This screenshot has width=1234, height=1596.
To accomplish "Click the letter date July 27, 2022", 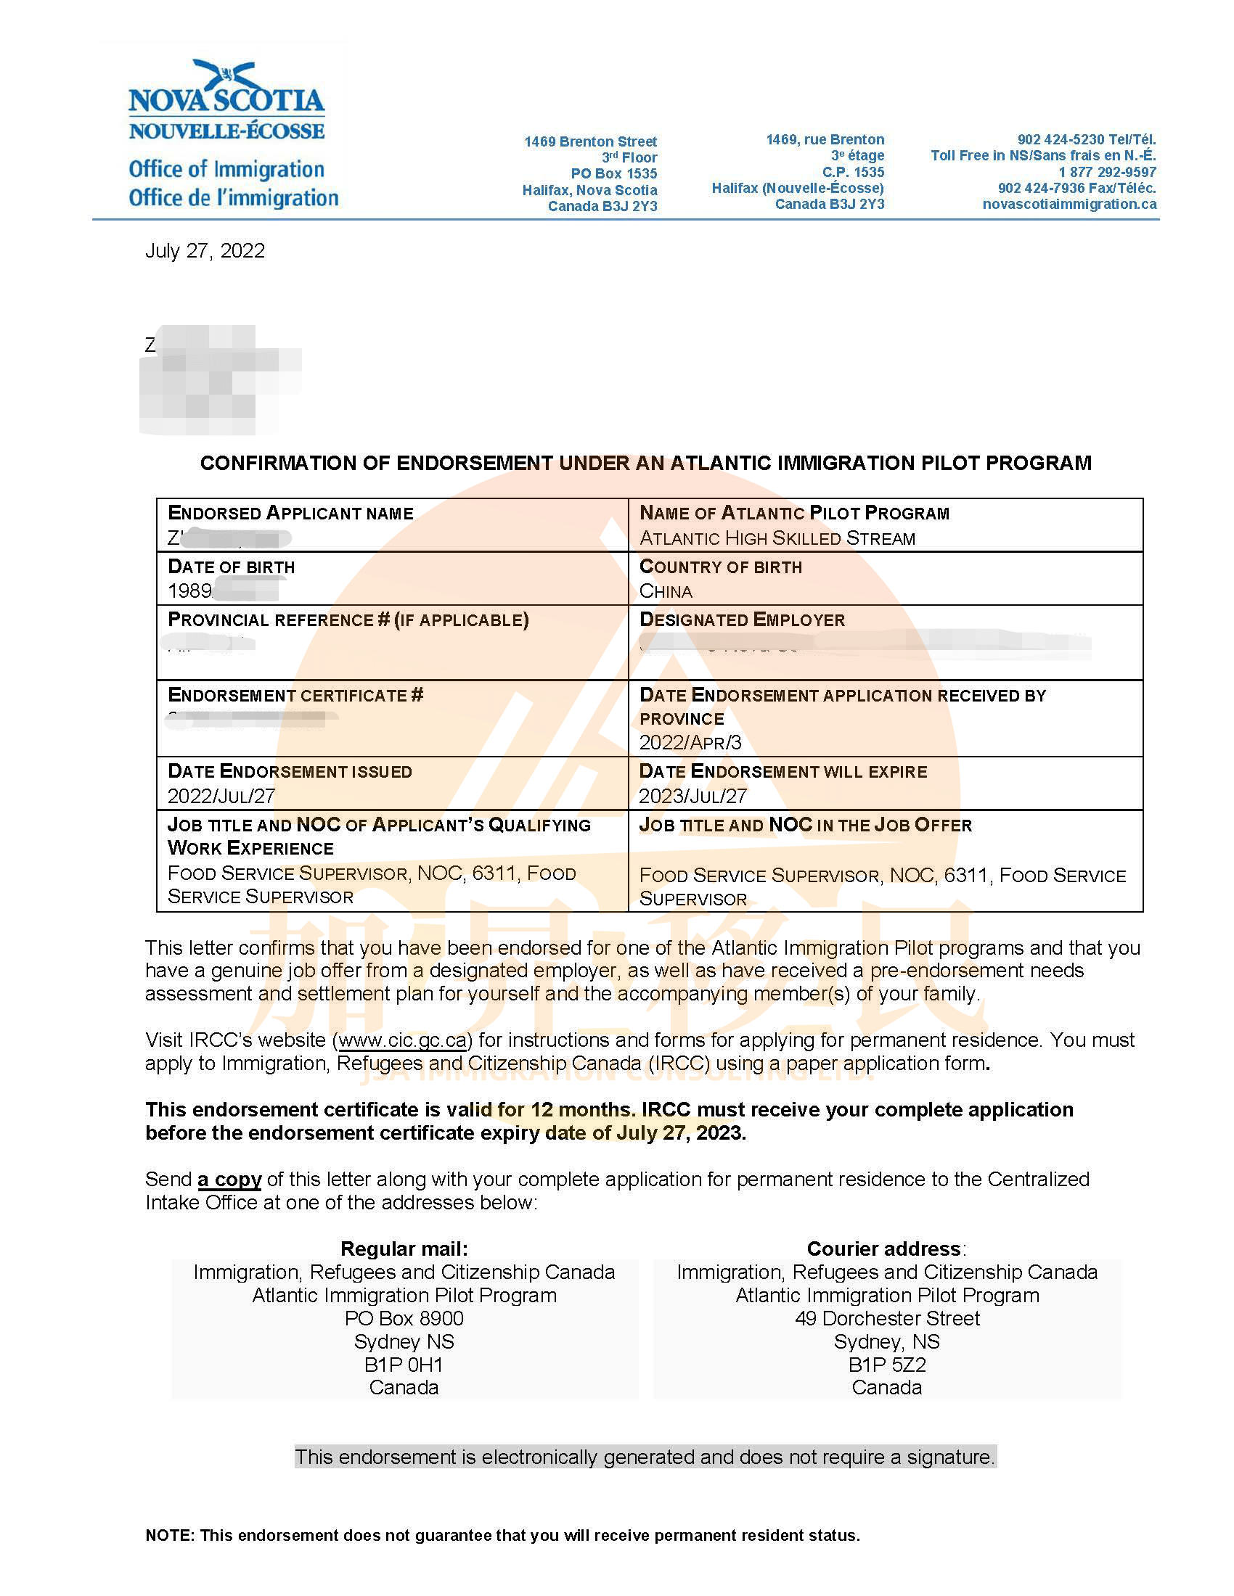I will tap(205, 251).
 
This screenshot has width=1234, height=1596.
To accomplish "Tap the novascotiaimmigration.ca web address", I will tap(1068, 204).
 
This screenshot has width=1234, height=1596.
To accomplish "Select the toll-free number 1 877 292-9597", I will tap(1107, 172).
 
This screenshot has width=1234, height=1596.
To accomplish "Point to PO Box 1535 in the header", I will tap(613, 173).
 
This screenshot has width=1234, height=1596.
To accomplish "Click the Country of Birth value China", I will tap(665, 591).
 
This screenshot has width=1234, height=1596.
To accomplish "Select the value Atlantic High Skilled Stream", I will tap(777, 538).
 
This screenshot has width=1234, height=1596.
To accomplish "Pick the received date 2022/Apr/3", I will tap(690, 742).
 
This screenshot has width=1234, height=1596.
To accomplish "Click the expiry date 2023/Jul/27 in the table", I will tap(693, 796).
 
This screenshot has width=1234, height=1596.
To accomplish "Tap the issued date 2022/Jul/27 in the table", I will tap(221, 796).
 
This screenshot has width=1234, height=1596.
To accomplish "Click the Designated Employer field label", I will tap(742, 620).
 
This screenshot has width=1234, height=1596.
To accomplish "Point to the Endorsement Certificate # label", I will tap(295, 695).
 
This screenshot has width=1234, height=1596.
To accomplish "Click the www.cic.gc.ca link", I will tap(402, 1040).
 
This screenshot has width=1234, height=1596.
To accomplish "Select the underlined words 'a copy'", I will tap(229, 1180).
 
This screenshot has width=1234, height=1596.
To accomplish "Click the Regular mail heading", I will tap(404, 1249).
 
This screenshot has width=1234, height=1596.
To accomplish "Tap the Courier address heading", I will tap(885, 1249).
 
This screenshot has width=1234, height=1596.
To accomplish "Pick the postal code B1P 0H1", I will tap(404, 1365).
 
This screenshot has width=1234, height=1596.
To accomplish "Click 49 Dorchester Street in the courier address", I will tap(887, 1318).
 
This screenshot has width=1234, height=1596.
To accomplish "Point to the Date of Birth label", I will tap(231, 567).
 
